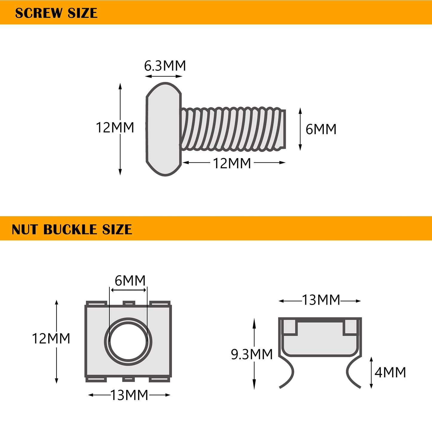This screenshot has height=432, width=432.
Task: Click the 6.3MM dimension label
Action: pyautogui.click(x=165, y=66)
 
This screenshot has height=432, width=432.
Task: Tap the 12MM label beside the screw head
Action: pyautogui.click(x=115, y=128)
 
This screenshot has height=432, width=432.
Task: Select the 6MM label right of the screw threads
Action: pyautogui.click(x=321, y=129)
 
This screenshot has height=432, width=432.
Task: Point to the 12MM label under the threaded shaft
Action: pyautogui.click(x=232, y=163)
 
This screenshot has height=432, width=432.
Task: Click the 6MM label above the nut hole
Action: pyautogui.click(x=130, y=281)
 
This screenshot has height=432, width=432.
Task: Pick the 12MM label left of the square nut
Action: pyautogui.click(x=51, y=338)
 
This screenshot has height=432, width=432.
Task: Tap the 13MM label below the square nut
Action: pyautogui.click(x=129, y=395)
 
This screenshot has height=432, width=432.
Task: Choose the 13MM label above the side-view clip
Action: pyautogui.click(x=321, y=300)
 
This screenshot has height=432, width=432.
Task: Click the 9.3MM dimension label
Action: pyautogui.click(x=252, y=354)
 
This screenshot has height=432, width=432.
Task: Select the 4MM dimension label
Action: pyautogui.click(x=390, y=373)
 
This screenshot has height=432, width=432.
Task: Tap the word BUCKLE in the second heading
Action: pyautogui.click(x=71, y=230)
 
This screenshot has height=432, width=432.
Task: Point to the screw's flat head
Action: pyautogui.click(x=164, y=129)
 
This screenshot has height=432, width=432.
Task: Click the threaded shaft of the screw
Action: pyautogui.click(x=233, y=129)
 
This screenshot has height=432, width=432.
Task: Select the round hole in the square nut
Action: pyautogui.click(x=128, y=341)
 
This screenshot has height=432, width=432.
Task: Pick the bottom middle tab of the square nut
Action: pyautogui.click(x=129, y=379)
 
